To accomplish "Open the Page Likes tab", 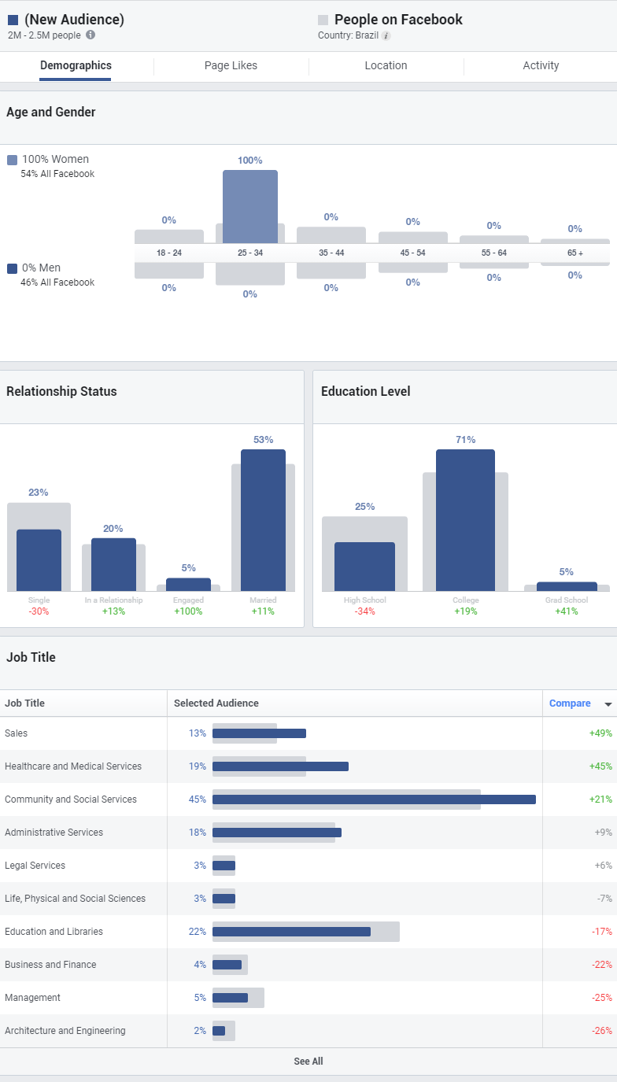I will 231,66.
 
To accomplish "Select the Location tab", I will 386,66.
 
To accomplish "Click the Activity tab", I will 541,66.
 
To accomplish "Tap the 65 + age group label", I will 575,253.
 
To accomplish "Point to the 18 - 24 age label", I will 169,253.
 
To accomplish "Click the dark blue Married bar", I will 263,519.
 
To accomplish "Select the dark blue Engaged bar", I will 188,585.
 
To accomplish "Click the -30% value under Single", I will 39,611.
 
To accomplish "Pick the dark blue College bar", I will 465,519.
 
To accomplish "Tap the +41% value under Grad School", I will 566,611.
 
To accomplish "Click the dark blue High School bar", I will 364,567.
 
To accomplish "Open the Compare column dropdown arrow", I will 608,704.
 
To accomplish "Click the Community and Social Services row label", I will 71,799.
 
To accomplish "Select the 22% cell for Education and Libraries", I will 197,932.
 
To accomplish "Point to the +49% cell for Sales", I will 600,733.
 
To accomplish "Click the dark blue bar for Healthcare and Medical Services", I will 280,766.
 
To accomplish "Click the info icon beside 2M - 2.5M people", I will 91,35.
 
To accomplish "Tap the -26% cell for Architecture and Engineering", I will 602,1031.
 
